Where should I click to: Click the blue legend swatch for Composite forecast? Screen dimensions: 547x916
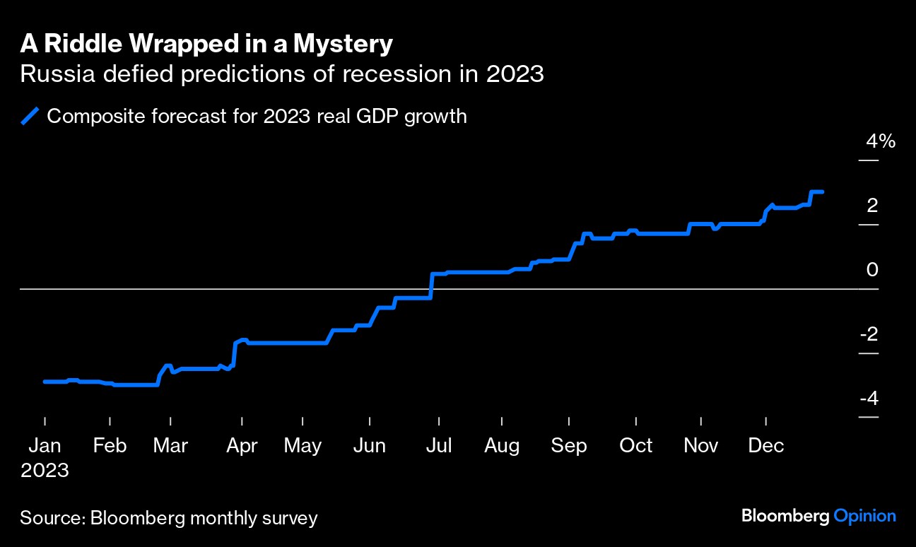tap(31, 116)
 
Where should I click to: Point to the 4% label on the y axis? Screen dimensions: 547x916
tap(881, 141)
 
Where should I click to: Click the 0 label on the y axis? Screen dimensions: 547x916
tap(873, 270)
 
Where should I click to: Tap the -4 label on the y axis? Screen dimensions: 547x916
tap(869, 399)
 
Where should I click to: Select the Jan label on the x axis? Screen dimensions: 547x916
tap(45, 446)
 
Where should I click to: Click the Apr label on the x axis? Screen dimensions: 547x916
tap(242, 446)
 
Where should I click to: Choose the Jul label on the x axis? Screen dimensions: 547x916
tap(439, 446)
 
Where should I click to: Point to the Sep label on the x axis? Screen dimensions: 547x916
tap(569, 446)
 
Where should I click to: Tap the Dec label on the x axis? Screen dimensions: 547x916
tap(766, 446)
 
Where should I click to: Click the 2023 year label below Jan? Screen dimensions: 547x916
tap(45, 471)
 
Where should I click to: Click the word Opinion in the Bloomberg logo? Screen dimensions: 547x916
tap(865, 517)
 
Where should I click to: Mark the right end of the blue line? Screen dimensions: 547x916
tap(822, 192)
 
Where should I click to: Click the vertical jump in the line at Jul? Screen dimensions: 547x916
tap(431, 286)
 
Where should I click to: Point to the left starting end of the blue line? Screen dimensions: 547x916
tap(45, 382)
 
